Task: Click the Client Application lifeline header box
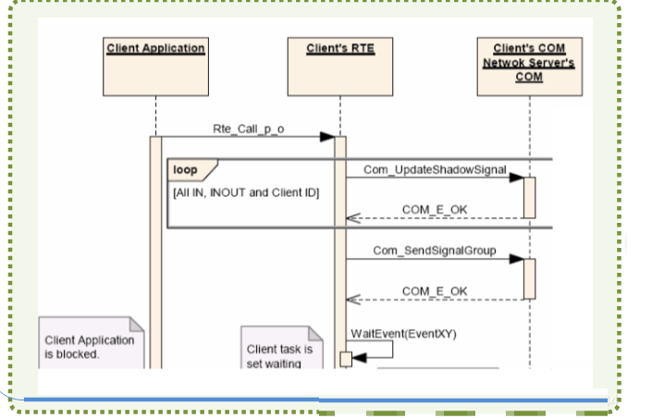pos(156,67)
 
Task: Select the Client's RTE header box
pos(340,67)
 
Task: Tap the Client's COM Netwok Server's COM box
pos(529,67)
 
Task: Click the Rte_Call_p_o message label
pos(249,129)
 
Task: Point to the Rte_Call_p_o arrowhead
pos(327,137)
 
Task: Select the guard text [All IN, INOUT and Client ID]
pos(246,192)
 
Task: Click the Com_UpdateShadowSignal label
pos(435,169)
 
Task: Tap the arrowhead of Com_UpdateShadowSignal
pos(516,178)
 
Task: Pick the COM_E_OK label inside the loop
pos(435,209)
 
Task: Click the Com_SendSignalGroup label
pos(435,251)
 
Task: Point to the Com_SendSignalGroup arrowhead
pos(516,259)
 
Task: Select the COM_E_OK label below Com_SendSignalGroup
pos(435,291)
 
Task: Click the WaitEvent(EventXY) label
pos(404,334)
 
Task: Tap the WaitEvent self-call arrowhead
pos(359,358)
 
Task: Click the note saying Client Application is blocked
pos(92,343)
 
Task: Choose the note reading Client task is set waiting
pos(282,348)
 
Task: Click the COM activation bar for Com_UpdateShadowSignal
pos(529,198)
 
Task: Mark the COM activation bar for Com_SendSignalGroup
pos(529,279)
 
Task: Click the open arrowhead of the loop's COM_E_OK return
pos(353,218)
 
